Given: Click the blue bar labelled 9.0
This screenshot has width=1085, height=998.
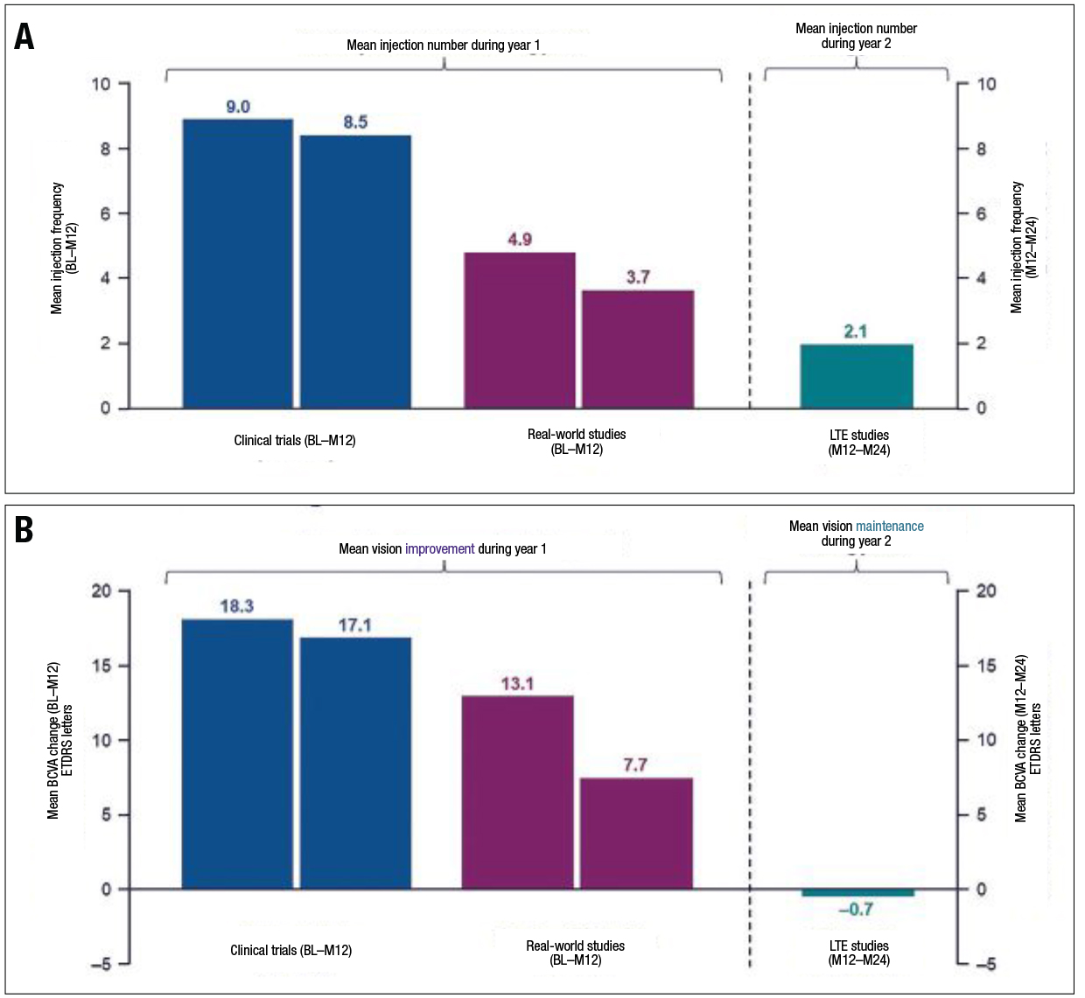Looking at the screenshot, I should [x=237, y=263].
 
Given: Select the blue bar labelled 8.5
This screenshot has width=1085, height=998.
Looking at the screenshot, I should [x=355, y=271].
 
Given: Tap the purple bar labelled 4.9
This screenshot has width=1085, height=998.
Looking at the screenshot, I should [x=520, y=330].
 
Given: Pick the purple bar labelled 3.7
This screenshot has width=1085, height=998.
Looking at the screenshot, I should [x=638, y=349].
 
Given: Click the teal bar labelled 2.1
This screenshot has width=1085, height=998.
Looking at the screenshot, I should [x=857, y=376].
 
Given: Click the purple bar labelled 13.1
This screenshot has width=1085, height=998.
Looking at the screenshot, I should [x=518, y=792].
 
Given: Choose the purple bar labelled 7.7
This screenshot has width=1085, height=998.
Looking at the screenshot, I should [x=636, y=833].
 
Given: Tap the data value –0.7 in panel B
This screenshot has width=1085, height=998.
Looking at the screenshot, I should [x=855, y=910].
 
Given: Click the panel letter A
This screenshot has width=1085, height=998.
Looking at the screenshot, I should [x=24, y=37].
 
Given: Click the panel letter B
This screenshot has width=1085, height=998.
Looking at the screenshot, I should [x=24, y=530].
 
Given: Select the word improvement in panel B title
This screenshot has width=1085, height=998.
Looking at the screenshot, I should [x=439, y=549].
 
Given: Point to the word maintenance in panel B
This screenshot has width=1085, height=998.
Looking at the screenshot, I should [x=889, y=527].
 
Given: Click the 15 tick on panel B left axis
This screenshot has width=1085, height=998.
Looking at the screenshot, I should [x=102, y=666].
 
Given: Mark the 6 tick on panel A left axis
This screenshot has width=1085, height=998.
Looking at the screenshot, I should [x=105, y=213].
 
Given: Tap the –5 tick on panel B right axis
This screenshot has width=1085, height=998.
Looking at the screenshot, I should [x=985, y=965].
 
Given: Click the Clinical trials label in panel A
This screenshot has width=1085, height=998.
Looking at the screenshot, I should [x=294, y=441].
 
